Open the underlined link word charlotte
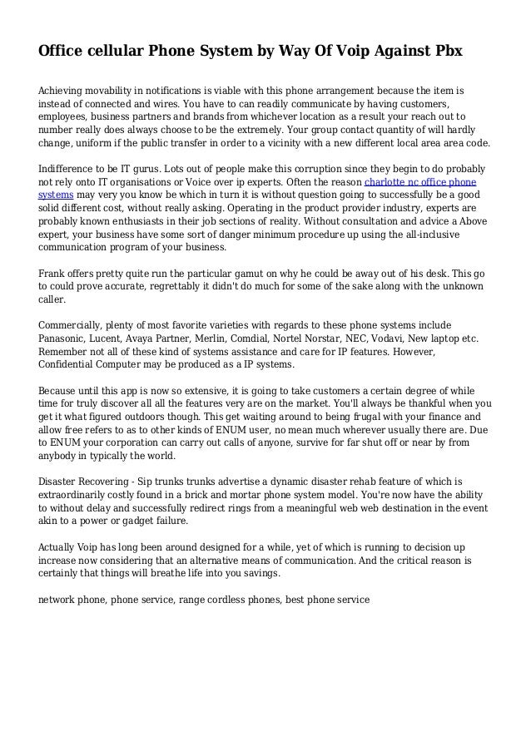(x=387, y=180)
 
